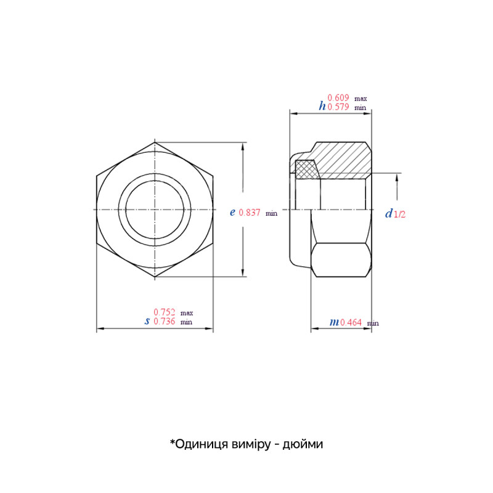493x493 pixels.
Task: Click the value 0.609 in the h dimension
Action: click(x=338, y=98)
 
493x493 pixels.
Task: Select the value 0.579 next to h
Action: click(x=338, y=107)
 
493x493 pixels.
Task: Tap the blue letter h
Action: click(x=322, y=106)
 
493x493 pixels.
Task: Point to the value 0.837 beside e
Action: click(x=250, y=213)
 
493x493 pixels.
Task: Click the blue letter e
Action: click(x=232, y=213)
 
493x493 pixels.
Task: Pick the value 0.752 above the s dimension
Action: click(x=165, y=312)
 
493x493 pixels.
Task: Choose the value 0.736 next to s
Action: click(x=165, y=321)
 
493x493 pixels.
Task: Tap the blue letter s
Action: click(x=147, y=321)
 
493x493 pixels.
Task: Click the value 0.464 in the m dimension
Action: click(x=351, y=322)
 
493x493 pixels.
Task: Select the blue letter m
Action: click(x=334, y=322)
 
